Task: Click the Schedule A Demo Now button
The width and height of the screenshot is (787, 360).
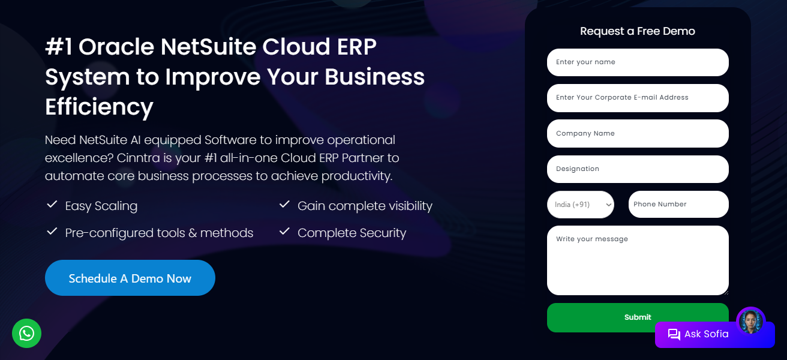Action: [130, 278]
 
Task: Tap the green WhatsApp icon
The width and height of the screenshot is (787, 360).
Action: [26, 333]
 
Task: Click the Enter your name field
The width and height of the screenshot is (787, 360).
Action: [638, 62]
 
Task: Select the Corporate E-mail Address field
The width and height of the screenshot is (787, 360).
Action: [638, 98]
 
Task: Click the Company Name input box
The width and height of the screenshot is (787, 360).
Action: [638, 133]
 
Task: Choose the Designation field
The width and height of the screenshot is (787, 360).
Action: [638, 169]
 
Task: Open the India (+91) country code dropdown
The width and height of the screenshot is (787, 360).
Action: [581, 205]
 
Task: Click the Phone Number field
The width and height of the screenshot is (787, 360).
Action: [678, 205]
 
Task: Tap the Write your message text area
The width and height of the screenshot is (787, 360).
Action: [638, 260]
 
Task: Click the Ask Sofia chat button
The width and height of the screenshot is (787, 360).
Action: [707, 334]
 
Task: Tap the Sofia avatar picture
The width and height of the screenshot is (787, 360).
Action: [750, 321]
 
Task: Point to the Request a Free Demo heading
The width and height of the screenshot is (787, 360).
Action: [638, 31]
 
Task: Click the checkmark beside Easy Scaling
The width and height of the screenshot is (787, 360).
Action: [52, 205]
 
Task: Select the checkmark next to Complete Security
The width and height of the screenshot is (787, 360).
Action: [284, 232]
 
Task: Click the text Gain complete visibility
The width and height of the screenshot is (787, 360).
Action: [365, 206]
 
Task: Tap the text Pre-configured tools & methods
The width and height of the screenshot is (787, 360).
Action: [159, 233]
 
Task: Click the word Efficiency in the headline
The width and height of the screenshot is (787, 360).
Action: [99, 107]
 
